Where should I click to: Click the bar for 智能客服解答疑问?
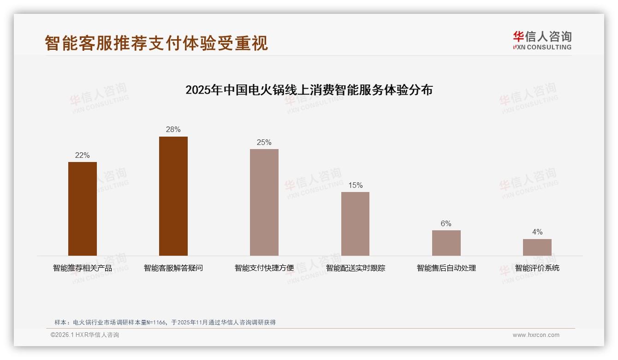(x=173, y=196)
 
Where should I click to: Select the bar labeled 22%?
(x=83, y=209)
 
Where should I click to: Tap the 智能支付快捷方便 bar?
(x=264, y=202)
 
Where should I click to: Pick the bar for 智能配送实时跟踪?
(x=355, y=224)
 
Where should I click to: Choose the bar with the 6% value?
(x=446, y=243)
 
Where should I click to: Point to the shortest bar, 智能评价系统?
(x=537, y=247)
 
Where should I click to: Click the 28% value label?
(x=173, y=130)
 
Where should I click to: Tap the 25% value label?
(x=264, y=143)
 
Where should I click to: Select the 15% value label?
(x=355, y=186)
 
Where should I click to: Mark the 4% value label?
(x=537, y=232)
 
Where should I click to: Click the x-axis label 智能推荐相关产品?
(x=83, y=268)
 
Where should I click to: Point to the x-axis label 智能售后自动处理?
(x=446, y=268)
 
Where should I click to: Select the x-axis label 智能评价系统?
(x=537, y=268)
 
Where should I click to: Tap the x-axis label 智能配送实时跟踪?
(x=355, y=268)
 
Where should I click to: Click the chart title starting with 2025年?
(x=309, y=90)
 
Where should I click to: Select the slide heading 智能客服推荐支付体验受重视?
(x=156, y=43)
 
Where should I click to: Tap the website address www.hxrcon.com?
(x=536, y=335)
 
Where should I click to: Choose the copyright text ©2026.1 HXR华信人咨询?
(x=85, y=335)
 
